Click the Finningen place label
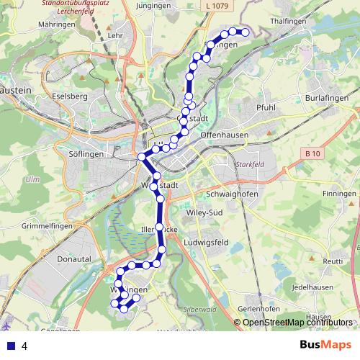tap(340, 194)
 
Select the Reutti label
tap(333, 261)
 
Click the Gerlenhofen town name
tap(258, 308)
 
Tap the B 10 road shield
tap(312, 153)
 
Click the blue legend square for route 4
tap(10, 346)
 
